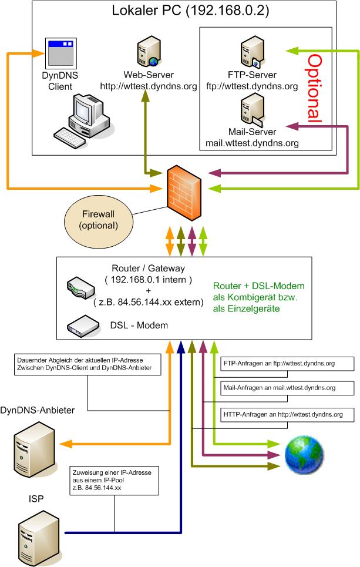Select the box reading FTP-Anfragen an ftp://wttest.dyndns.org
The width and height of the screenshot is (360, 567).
click(287, 364)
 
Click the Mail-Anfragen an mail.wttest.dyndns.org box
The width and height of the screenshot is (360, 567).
click(287, 388)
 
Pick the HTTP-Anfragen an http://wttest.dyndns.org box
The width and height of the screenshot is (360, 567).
click(287, 414)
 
